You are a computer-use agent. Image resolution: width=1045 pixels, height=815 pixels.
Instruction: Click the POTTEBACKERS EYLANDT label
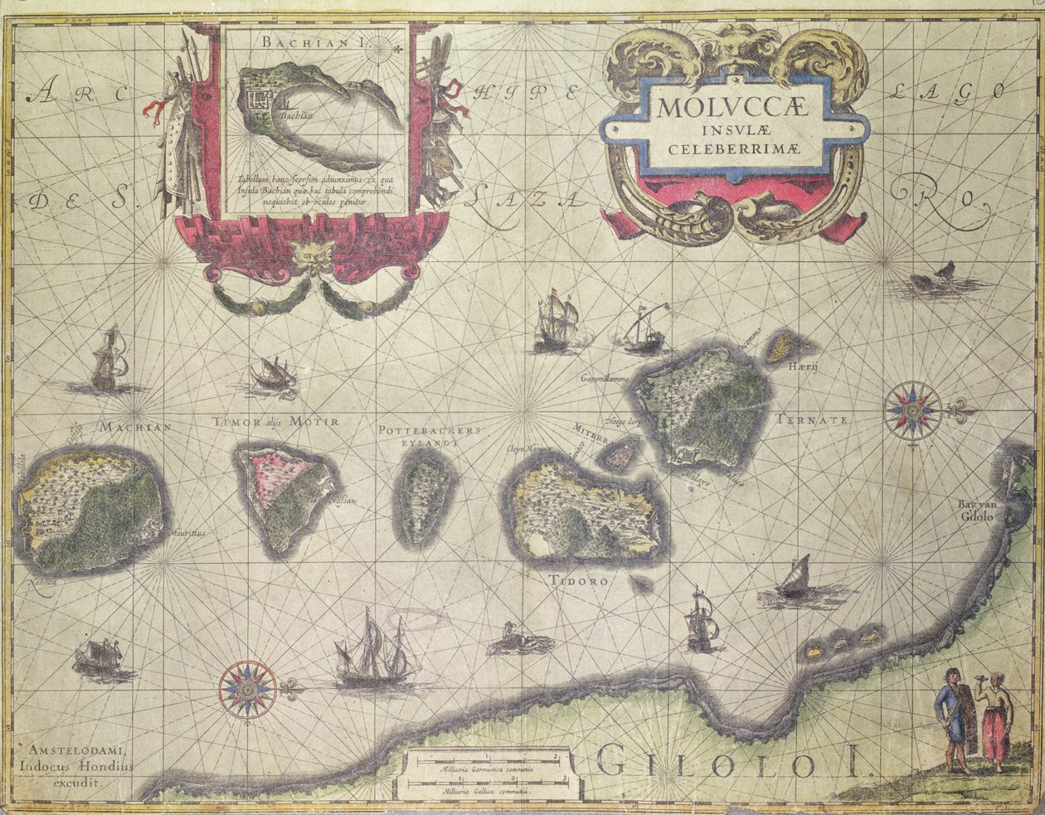[x=429, y=437]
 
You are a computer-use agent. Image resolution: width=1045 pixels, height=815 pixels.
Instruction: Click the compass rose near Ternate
[x=912, y=410]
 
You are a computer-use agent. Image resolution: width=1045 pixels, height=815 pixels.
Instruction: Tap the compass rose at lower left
[x=247, y=688]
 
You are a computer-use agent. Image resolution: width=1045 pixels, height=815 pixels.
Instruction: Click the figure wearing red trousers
[x=993, y=721]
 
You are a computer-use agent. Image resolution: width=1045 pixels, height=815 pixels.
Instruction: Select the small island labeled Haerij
[x=780, y=347]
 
